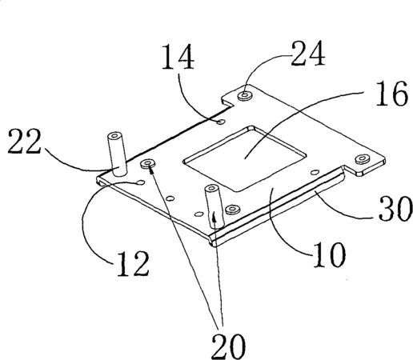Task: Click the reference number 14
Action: click(178, 57)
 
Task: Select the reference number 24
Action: click(308, 54)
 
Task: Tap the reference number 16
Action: click(391, 94)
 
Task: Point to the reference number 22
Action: click(25, 141)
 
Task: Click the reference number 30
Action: click(395, 209)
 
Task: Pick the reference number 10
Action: click(329, 254)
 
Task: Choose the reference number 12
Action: click(133, 263)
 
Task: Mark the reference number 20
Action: click(228, 346)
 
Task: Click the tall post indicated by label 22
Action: click(117, 154)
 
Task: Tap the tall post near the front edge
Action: click(214, 206)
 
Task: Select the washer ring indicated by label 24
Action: click(246, 95)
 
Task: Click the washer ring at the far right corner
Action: click(362, 159)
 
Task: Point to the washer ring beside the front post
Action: click(233, 209)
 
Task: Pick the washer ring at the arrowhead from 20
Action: click(147, 163)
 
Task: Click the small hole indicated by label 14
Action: click(221, 122)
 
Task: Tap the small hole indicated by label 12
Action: click(140, 182)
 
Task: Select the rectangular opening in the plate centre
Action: click(245, 158)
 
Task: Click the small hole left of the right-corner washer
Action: click(315, 172)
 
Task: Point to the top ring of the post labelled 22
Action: click(115, 136)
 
